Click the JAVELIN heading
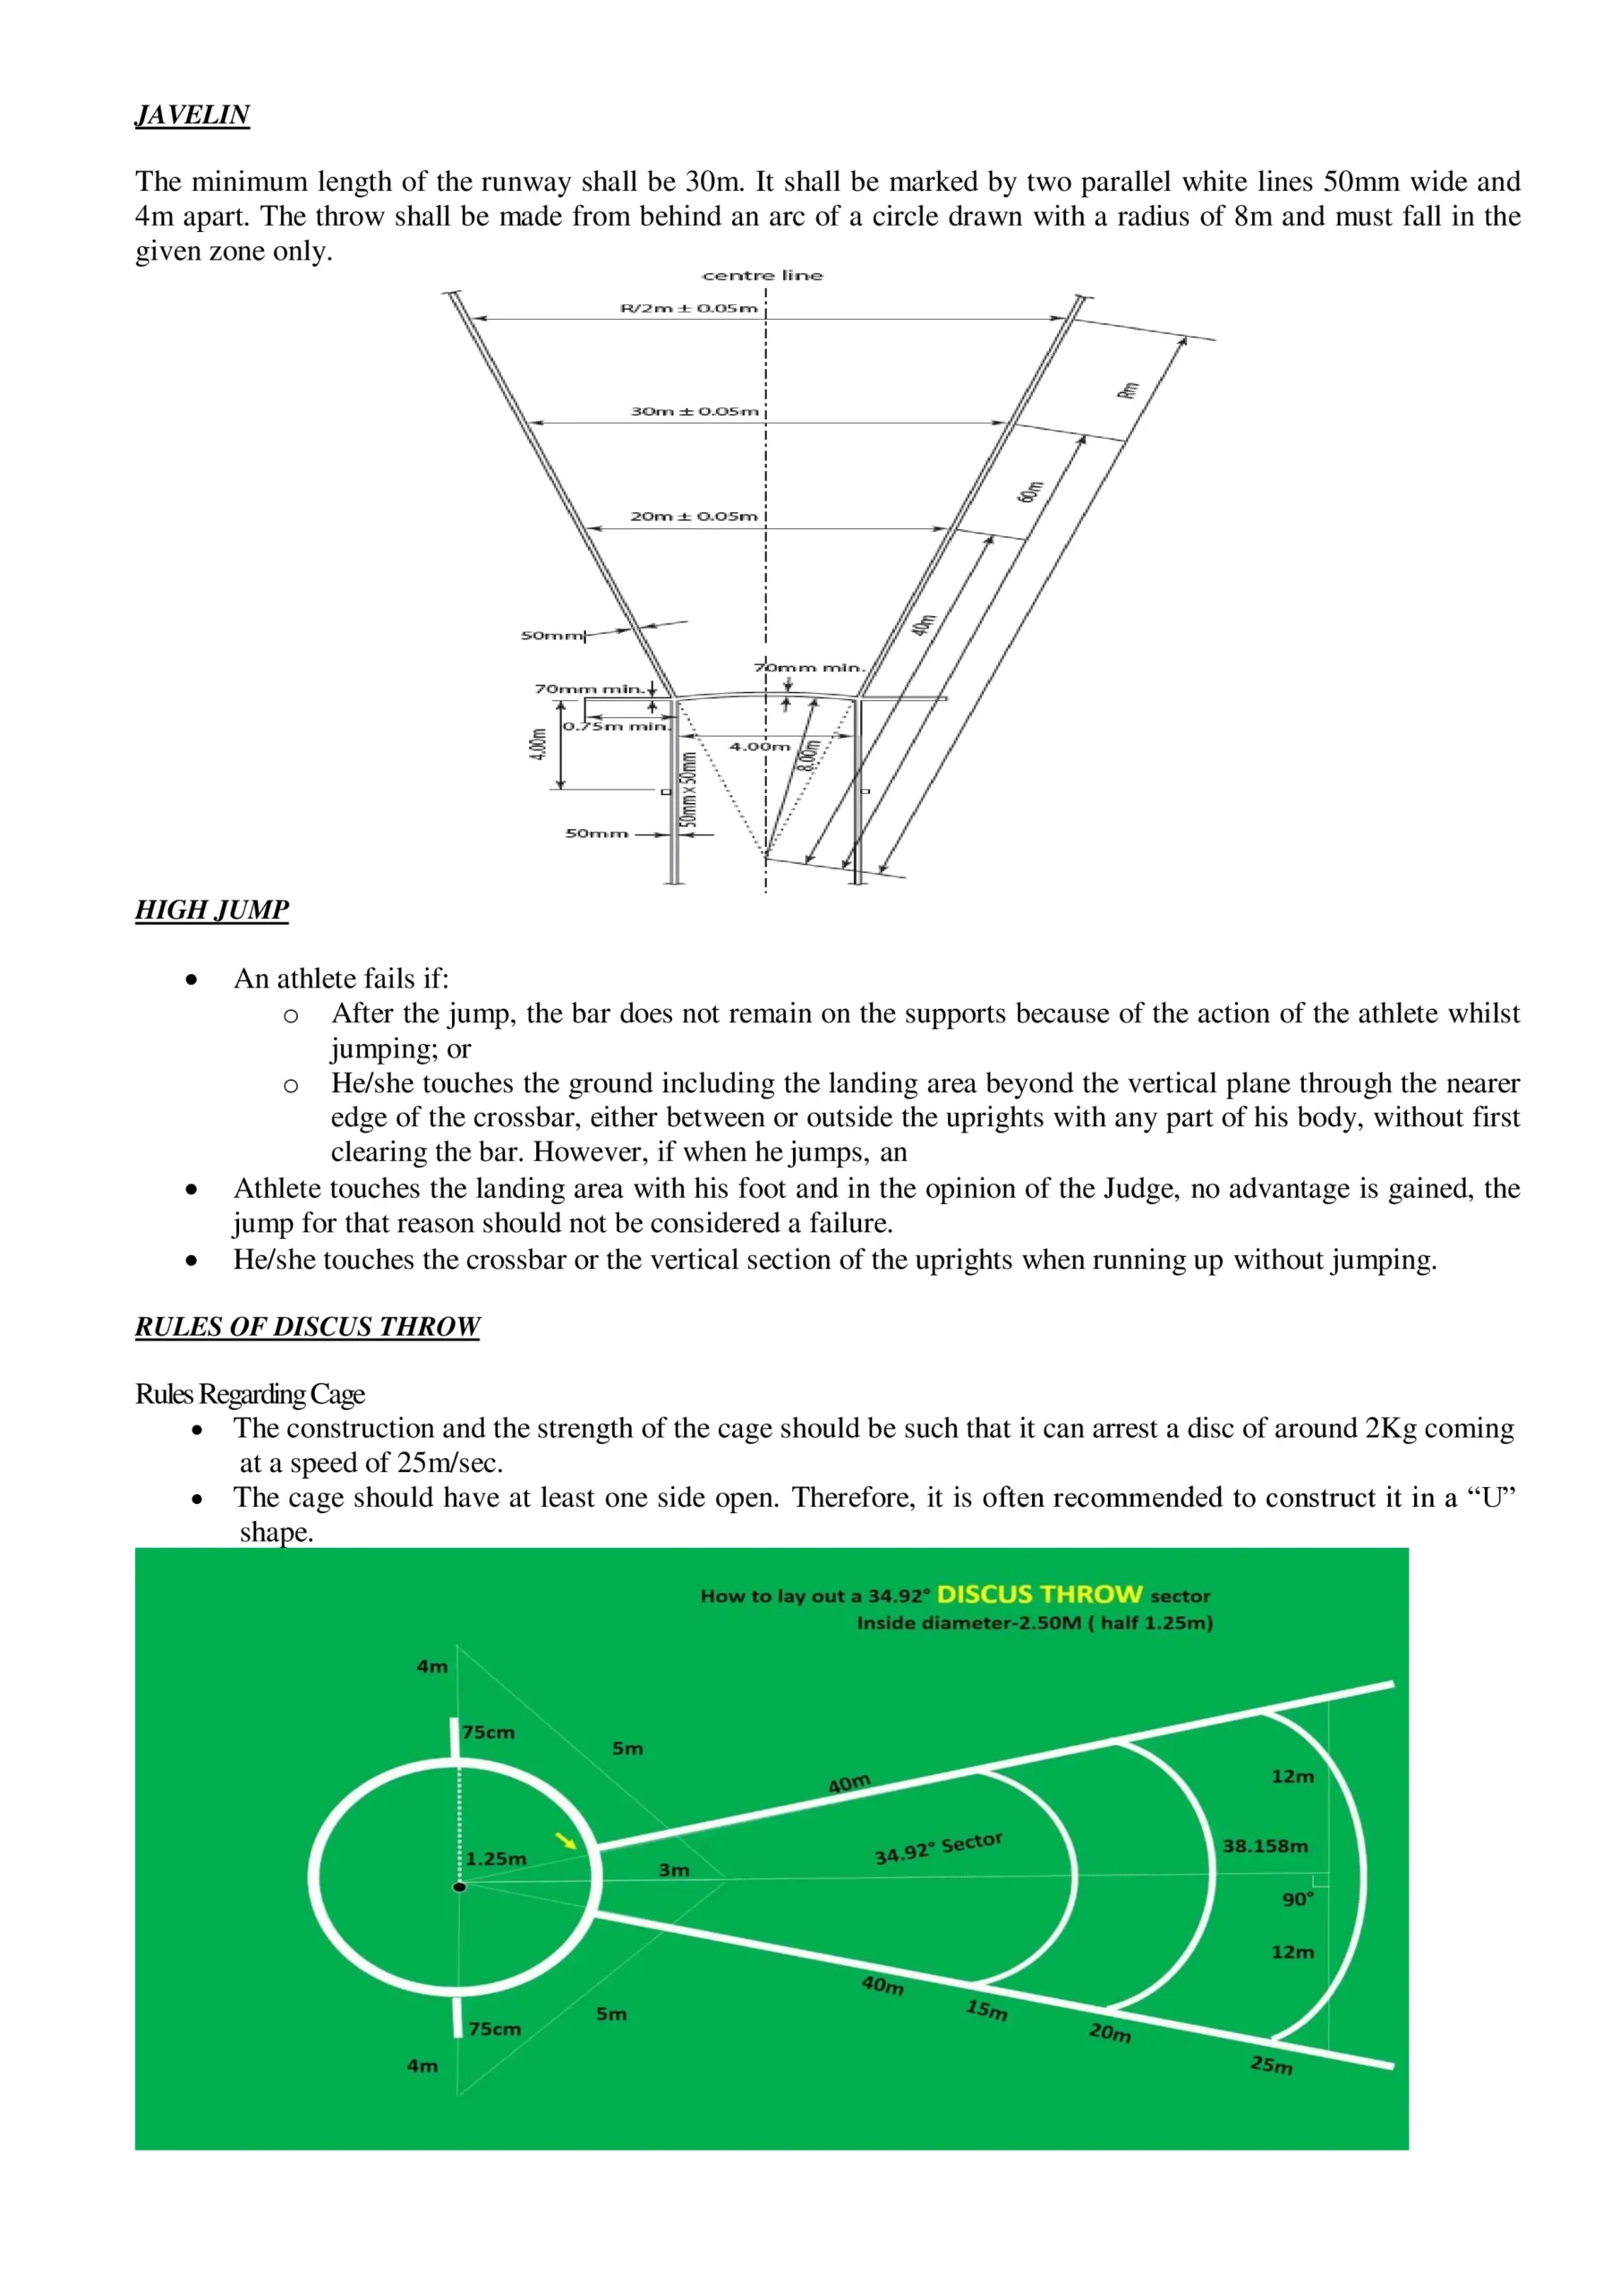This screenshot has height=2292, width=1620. click(192, 115)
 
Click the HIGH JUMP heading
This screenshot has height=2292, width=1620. click(211, 910)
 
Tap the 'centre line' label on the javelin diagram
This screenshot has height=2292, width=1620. click(763, 276)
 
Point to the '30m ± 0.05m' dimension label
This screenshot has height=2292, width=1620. click(694, 411)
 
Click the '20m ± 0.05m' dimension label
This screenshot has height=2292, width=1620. click(694, 516)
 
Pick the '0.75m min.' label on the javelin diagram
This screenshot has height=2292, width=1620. click(616, 726)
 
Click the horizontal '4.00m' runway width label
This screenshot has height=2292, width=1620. click(759, 746)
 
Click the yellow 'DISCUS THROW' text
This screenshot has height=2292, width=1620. click(1039, 1595)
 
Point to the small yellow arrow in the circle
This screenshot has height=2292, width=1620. click(566, 1841)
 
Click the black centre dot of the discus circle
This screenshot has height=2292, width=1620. click(459, 1886)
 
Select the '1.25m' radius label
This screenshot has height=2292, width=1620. click(496, 1859)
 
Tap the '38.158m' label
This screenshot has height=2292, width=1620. click(1265, 1846)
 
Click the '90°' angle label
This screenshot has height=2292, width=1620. click(1298, 1899)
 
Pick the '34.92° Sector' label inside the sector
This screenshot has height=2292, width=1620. click(938, 1848)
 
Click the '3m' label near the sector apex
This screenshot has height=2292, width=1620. click(674, 1869)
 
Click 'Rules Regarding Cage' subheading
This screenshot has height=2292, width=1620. click(250, 1394)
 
